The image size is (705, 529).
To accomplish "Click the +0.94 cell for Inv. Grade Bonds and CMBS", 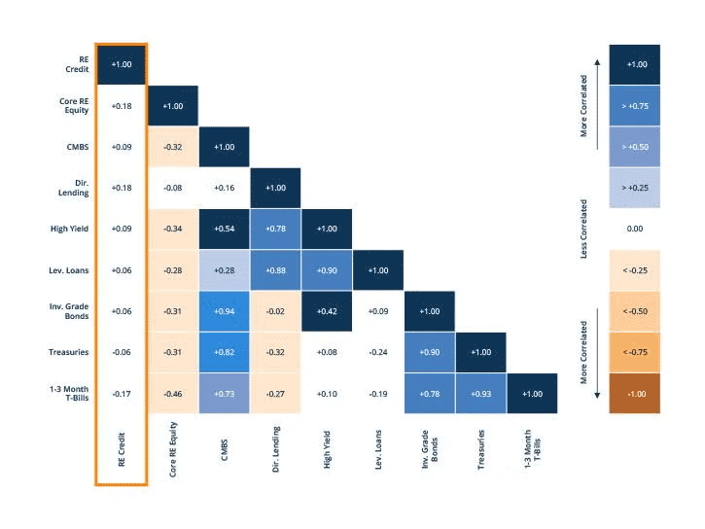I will coord(224,311).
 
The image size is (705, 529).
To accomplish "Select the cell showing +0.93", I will coord(480,393).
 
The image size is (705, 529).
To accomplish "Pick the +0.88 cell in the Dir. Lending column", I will coord(275,269).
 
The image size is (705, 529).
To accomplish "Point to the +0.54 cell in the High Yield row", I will coord(224,229).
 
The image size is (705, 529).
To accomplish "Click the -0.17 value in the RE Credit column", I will coord(122,393).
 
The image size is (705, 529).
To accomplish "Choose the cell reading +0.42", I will coord(327,311).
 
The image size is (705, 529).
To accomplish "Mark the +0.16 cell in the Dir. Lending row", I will coord(224,188).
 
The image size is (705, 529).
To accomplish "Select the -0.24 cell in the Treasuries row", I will coord(378,352).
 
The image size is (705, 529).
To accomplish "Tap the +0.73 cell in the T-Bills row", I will coord(224,393).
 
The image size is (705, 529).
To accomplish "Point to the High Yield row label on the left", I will coord(67,229).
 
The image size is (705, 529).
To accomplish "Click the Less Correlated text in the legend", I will coord(584,229).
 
